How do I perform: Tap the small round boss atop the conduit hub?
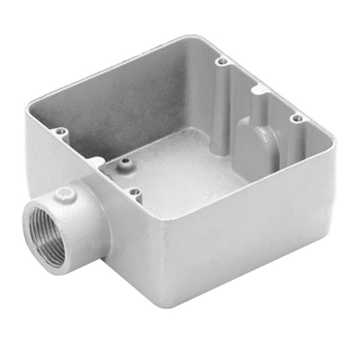[66, 194]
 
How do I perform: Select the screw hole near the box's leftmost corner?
[61, 132]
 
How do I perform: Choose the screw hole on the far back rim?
[222, 61]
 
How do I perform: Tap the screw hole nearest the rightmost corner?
[297, 118]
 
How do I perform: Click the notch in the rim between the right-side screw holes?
[259, 89]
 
